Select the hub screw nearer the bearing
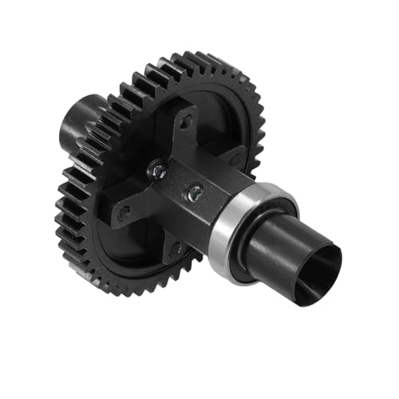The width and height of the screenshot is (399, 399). (194, 192)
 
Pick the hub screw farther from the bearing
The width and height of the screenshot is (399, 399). (159, 169)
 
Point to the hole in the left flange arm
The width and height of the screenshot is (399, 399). (124, 212)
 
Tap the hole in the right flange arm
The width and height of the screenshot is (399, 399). (235, 160)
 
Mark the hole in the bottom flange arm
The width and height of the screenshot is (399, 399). (176, 251)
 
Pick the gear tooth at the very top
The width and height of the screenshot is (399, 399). (192, 57)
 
